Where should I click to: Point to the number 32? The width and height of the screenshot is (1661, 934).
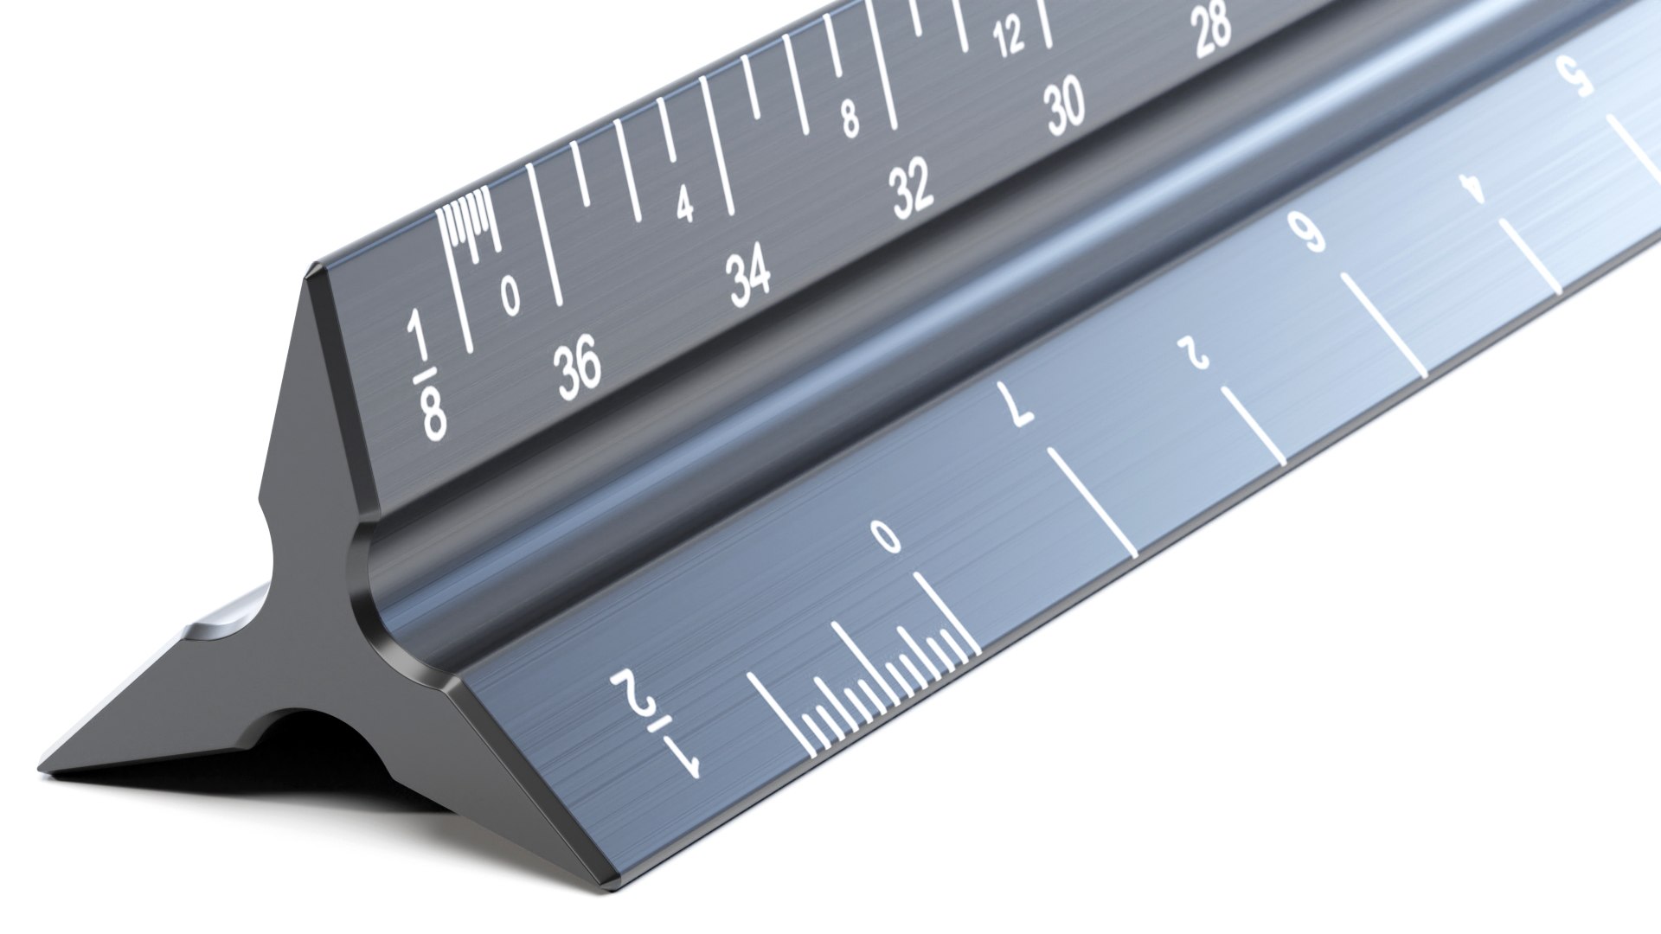(913, 189)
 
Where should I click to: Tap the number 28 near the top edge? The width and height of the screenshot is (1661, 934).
(1212, 27)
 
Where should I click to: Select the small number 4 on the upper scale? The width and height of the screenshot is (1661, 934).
(684, 206)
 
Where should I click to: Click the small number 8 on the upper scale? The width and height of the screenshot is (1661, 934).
(850, 119)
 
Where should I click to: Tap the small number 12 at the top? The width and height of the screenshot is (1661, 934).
(1009, 38)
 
